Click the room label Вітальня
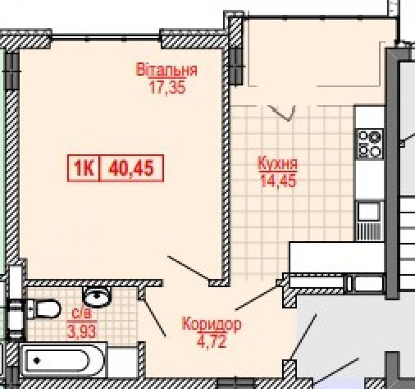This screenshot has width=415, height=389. [167, 69]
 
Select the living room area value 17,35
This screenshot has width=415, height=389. [167, 87]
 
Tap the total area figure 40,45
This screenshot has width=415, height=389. [131, 168]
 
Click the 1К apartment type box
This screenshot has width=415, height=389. [84, 168]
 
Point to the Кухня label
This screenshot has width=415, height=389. [278, 163]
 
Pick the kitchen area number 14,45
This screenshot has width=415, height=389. [278, 181]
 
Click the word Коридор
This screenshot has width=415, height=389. [212, 324]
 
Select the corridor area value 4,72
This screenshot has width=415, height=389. [212, 341]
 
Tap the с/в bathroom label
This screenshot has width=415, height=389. [82, 314]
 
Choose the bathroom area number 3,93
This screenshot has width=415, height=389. [82, 332]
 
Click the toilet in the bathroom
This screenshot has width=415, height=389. [44, 309]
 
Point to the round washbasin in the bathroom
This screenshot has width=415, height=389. [97, 297]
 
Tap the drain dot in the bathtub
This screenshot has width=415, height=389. [37, 360]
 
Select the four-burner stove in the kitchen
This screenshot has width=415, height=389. [370, 143]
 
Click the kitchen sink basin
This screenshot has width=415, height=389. [368, 212]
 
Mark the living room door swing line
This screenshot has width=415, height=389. [188, 268]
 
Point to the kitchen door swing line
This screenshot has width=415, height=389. [256, 298]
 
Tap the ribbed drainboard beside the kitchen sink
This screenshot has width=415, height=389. [368, 231]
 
